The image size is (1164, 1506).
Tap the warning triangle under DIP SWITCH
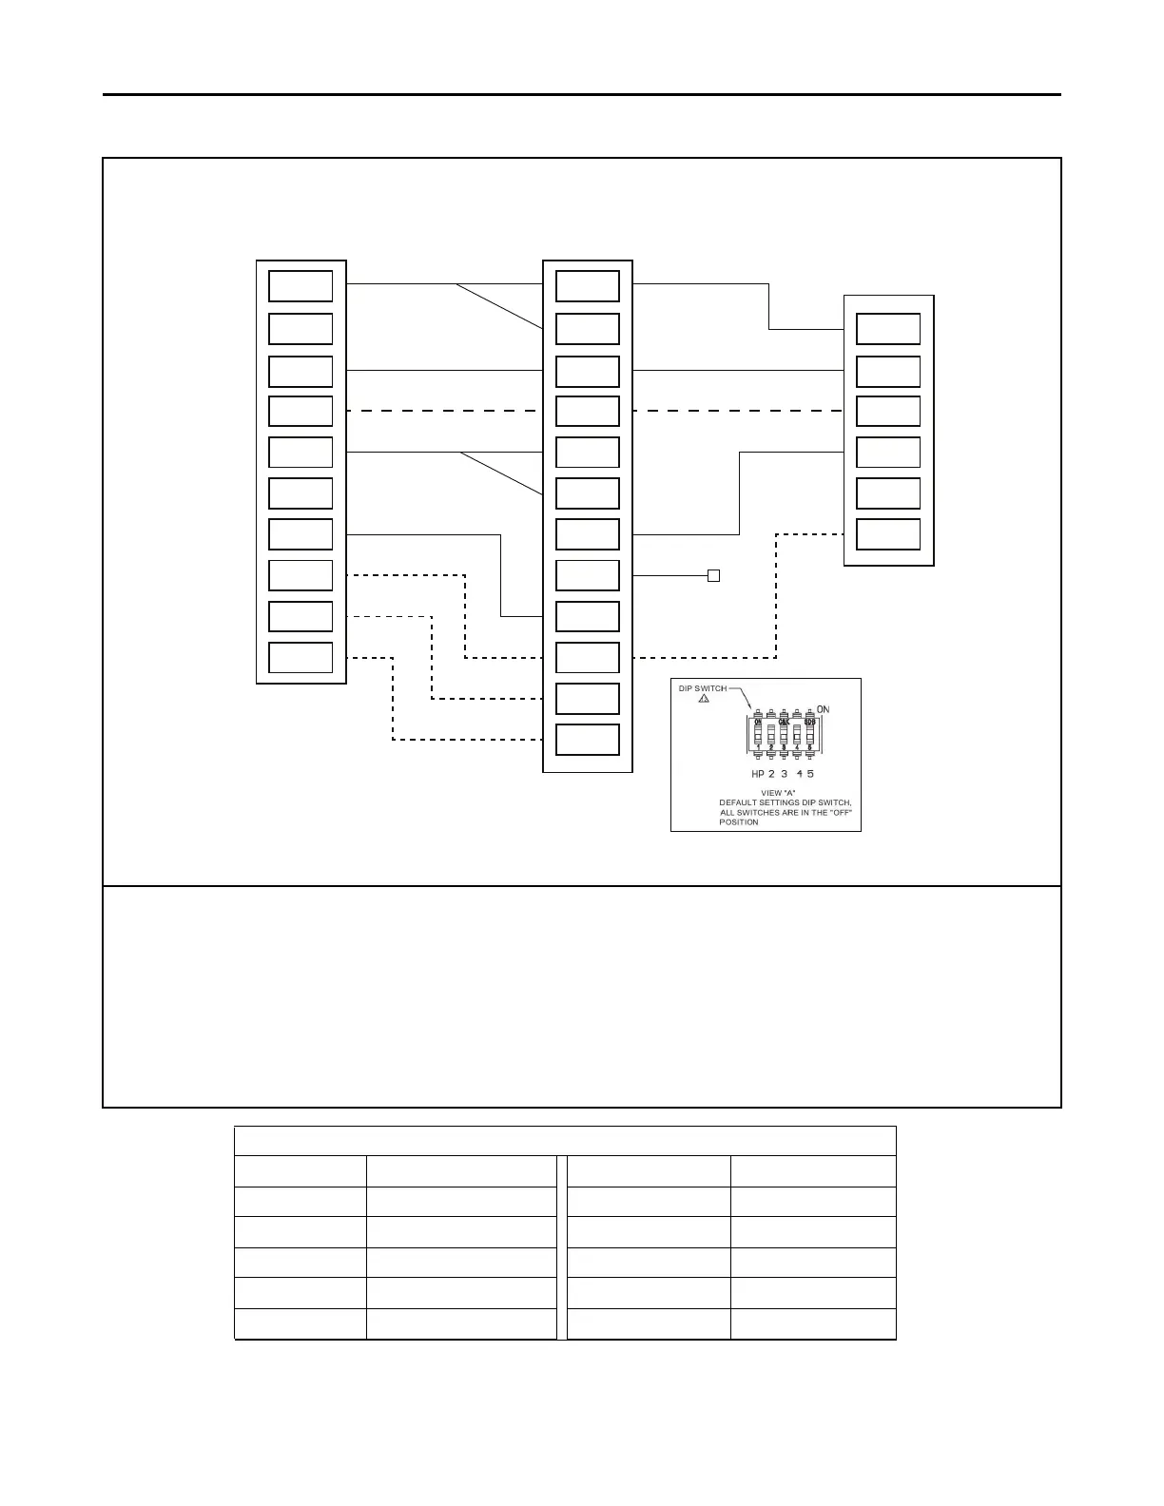pos(704,699)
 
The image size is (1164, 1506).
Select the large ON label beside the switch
pos(823,709)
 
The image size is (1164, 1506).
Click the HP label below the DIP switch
pos(758,774)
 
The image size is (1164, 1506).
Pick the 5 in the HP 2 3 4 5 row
pos(810,774)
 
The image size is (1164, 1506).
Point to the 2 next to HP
pos(771,774)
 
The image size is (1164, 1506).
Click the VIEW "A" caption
pos(772,793)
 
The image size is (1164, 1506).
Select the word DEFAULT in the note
pos(737,802)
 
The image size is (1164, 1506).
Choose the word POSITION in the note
pos(739,822)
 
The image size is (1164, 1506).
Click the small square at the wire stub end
pos(713,575)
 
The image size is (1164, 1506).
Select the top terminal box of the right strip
pos(888,329)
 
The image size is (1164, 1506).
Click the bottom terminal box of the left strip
pos(301,657)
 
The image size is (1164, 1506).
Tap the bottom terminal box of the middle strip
pos(587,740)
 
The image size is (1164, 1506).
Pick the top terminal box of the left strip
pos(301,286)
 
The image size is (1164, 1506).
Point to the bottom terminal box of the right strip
pos(888,534)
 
